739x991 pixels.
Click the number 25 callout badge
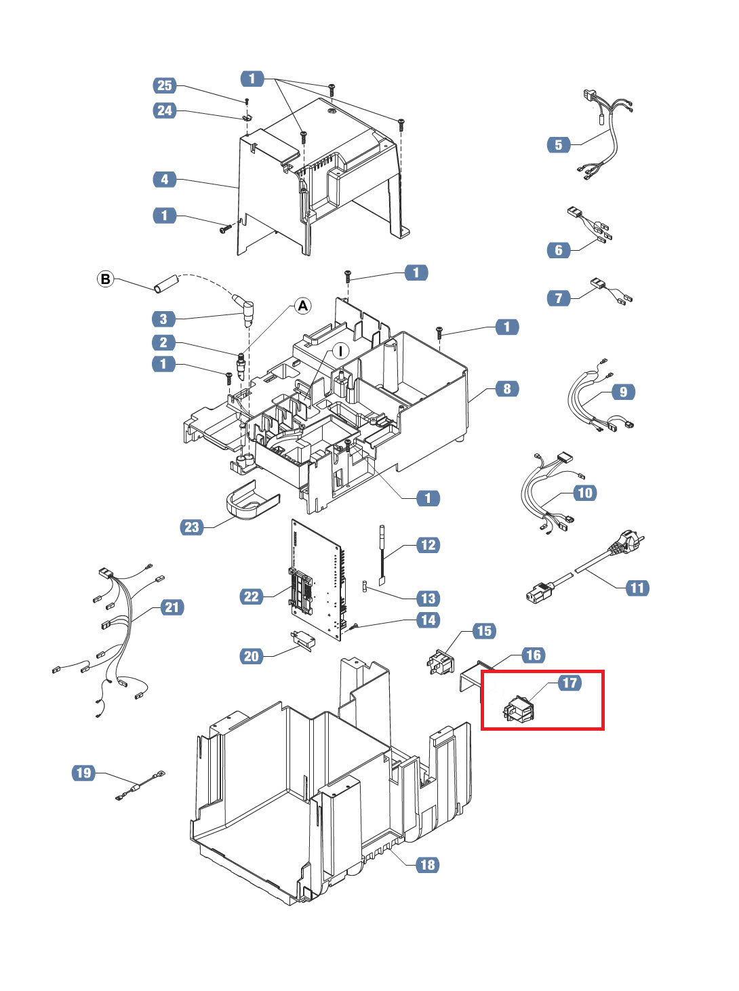tap(164, 85)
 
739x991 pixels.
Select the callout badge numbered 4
tap(164, 179)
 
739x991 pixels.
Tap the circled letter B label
tap(105, 279)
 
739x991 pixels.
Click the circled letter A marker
tap(302, 306)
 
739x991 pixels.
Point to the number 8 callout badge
tap(507, 388)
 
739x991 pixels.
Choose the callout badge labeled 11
tap(637, 588)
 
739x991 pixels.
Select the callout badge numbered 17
tap(570, 683)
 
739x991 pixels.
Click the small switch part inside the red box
tap(518, 709)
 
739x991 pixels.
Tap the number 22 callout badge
tap(252, 597)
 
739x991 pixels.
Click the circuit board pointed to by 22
tap(317, 580)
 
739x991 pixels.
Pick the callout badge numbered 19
tap(83, 773)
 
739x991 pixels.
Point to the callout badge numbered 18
tap(428, 865)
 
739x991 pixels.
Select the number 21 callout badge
tap(172, 607)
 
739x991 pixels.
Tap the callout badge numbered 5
tap(559, 145)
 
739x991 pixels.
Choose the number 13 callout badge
tap(428, 599)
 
